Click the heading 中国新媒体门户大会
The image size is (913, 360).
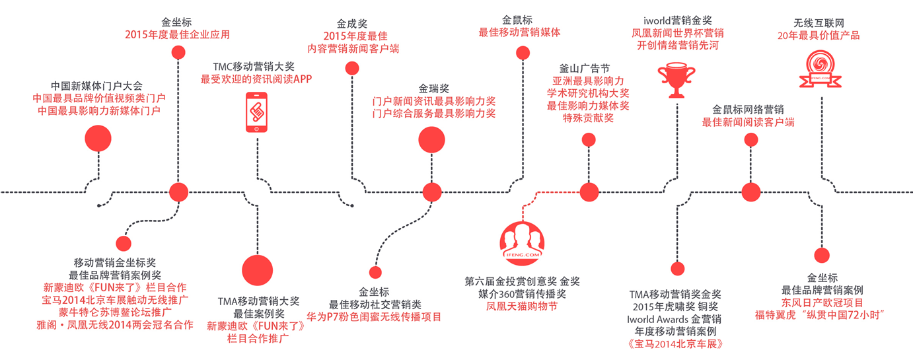click(96, 86)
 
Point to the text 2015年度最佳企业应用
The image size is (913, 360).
click(177, 34)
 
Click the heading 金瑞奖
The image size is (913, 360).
click(433, 88)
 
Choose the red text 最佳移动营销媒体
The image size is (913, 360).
click(520, 32)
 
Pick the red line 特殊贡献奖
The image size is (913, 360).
click(588, 118)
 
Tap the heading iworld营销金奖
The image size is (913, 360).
click(678, 21)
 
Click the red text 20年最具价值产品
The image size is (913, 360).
click(822, 35)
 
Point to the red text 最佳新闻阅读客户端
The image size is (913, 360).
click(748, 122)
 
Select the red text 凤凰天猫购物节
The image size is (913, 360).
click(521, 306)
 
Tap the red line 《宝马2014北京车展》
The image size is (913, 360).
click(674, 343)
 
